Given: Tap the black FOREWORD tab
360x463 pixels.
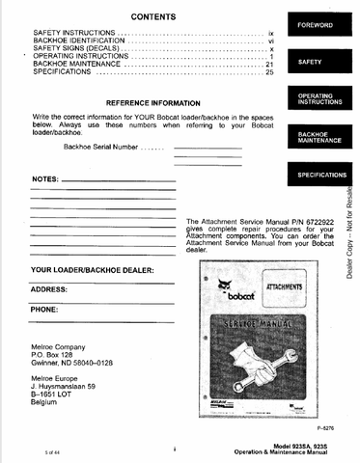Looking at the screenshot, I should click(x=316, y=23).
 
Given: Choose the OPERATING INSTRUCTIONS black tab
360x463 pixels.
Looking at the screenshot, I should click(x=316, y=98).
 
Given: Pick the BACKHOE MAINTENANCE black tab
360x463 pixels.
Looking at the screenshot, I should click(x=316, y=136).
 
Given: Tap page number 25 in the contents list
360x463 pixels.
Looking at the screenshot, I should click(x=271, y=72).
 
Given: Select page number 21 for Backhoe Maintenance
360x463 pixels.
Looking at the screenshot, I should click(x=271, y=64).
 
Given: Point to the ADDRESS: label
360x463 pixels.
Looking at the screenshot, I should click(x=48, y=289).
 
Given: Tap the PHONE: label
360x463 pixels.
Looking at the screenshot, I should click(x=44, y=310).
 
